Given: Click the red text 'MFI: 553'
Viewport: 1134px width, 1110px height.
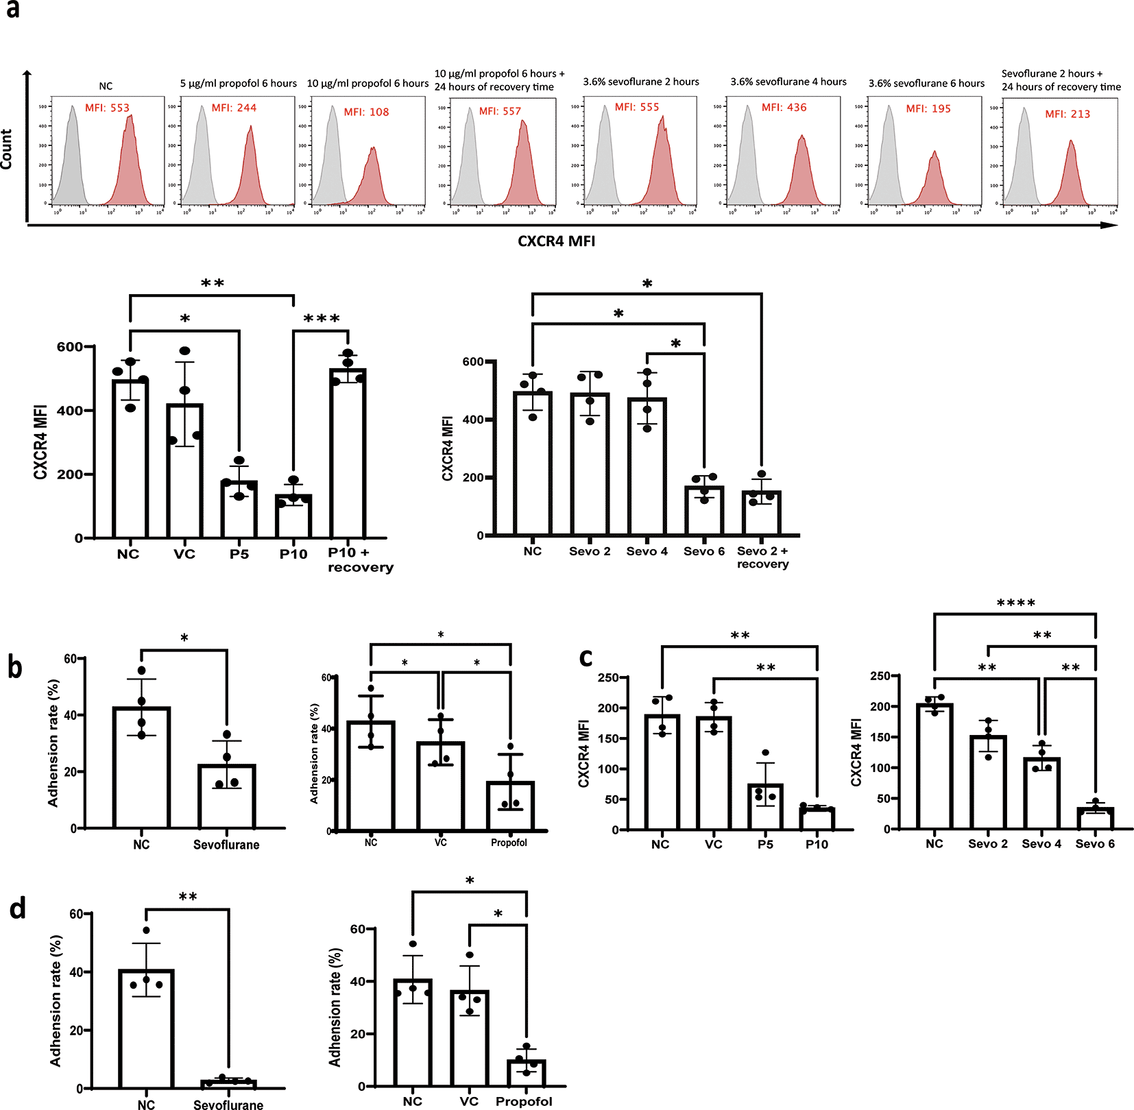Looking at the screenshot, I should click(x=107, y=108).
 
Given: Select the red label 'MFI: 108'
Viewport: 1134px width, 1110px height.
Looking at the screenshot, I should click(x=366, y=112).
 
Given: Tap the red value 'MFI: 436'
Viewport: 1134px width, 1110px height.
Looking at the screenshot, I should click(x=784, y=108).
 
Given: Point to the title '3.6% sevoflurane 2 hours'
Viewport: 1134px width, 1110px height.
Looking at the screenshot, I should click(x=641, y=82).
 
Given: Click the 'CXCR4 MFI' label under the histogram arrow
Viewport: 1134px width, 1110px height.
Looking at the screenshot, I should click(x=556, y=241).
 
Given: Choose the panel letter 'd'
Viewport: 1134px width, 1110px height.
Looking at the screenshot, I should click(x=17, y=908).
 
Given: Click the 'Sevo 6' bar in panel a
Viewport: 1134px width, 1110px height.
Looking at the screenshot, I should click(x=704, y=511).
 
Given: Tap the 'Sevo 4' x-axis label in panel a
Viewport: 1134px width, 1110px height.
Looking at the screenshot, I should click(x=647, y=551).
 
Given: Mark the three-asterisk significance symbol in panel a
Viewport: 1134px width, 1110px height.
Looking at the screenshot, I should click(x=321, y=319).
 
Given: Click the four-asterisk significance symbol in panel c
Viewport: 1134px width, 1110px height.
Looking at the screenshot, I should click(x=1015, y=603).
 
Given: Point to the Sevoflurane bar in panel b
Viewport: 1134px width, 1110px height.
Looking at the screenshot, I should click(x=227, y=796).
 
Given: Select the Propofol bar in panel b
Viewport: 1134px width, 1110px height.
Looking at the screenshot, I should click(x=510, y=806).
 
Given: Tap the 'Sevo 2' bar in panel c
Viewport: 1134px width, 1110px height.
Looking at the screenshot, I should click(x=988, y=782).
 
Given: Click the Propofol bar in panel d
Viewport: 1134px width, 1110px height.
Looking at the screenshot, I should click(x=527, y=1073).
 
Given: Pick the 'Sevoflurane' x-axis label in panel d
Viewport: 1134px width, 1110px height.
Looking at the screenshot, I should click(x=228, y=1105).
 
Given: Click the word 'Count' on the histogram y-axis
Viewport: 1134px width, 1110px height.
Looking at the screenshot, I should click(x=6, y=149).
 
